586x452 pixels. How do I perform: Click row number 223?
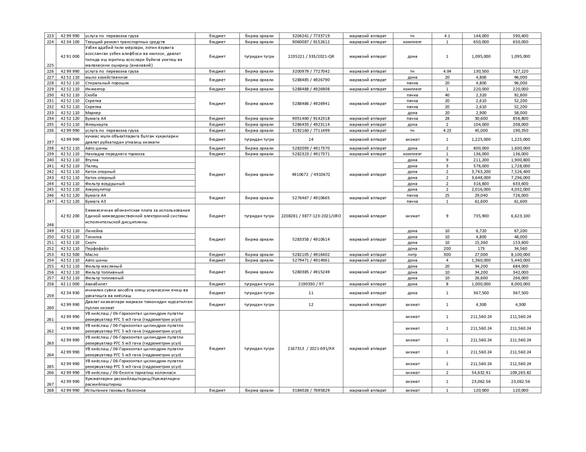[50, 36]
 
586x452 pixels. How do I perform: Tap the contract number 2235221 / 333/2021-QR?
[311, 57]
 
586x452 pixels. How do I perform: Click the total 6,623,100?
[520, 216]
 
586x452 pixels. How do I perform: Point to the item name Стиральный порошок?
[107, 83]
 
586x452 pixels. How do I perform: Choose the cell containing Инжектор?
[95, 89]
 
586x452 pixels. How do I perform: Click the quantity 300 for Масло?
[447, 255]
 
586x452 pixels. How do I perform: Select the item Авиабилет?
[96, 284]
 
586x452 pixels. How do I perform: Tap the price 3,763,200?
[481, 172]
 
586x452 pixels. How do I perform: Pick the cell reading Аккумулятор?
[98, 189]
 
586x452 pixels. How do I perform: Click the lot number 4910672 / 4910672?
[311, 175]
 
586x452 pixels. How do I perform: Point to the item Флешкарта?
[97, 124]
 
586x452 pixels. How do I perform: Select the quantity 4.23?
[447, 130]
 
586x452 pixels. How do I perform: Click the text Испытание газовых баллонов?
[115, 390]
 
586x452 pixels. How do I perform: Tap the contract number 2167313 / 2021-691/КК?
[311, 349]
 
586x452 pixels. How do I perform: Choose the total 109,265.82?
[520, 372]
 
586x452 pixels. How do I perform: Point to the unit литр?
[412, 255]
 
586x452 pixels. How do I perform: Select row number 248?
[50, 224]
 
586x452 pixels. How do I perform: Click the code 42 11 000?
[70, 284]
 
